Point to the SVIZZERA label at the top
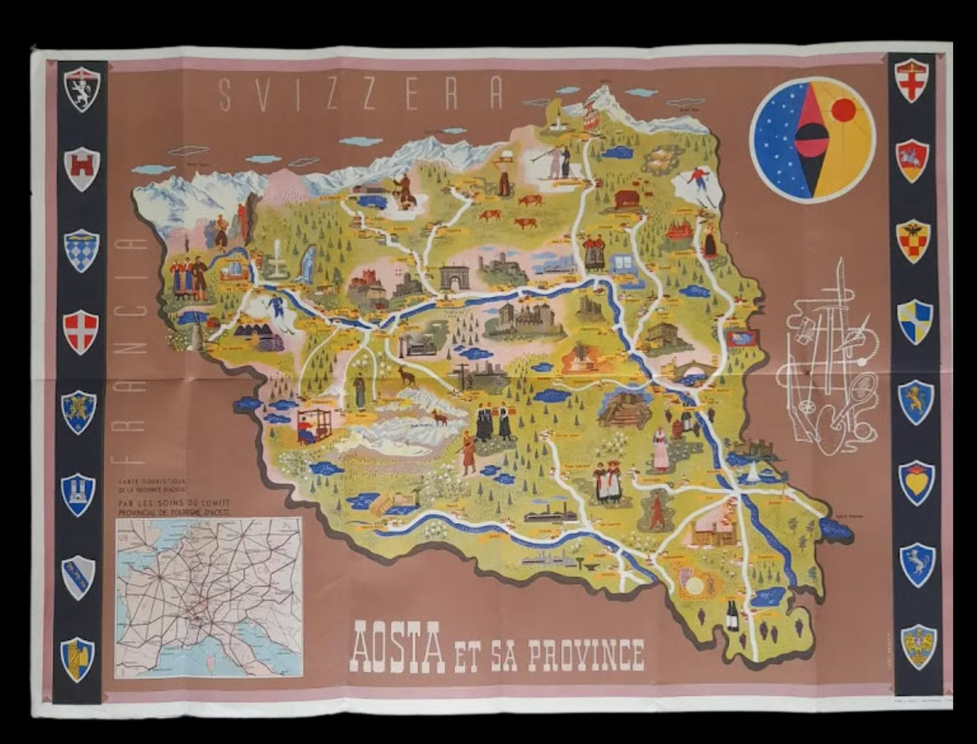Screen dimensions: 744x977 [x=362, y=95]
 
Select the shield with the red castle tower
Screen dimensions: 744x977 [x=82, y=168]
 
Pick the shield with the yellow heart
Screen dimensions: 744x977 [x=916, y=482]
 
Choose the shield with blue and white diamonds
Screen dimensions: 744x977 [x=82, y=250]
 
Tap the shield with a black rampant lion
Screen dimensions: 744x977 [x=82, y=89]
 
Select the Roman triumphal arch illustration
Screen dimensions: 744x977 [x=454, y=278]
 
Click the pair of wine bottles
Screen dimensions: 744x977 [x=732, y=616]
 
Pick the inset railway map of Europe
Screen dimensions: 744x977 [x=208, y=597]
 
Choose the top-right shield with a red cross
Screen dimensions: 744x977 [x=911, y=80]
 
